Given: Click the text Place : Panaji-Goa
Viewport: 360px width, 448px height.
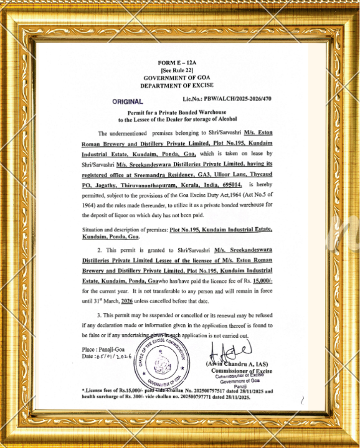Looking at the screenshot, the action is click(103, 350).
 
